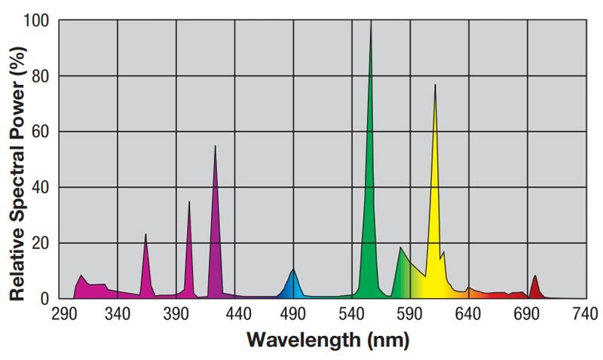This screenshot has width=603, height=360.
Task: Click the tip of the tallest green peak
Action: click(371, 23)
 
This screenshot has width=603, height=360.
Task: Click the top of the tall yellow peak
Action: click(435, 85)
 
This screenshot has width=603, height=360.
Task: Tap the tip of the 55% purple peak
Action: click(215, 146)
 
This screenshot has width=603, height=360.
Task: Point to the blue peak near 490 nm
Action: click(293, 270)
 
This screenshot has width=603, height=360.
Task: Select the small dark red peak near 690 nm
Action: click(534, 276)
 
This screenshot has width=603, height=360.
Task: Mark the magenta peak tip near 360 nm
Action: click(145, 234)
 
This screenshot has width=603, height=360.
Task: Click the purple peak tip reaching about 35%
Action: click(188, 202)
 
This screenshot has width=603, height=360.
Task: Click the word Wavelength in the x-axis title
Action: click(304, 340)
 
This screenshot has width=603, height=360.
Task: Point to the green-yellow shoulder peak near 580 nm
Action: click(401, 248)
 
